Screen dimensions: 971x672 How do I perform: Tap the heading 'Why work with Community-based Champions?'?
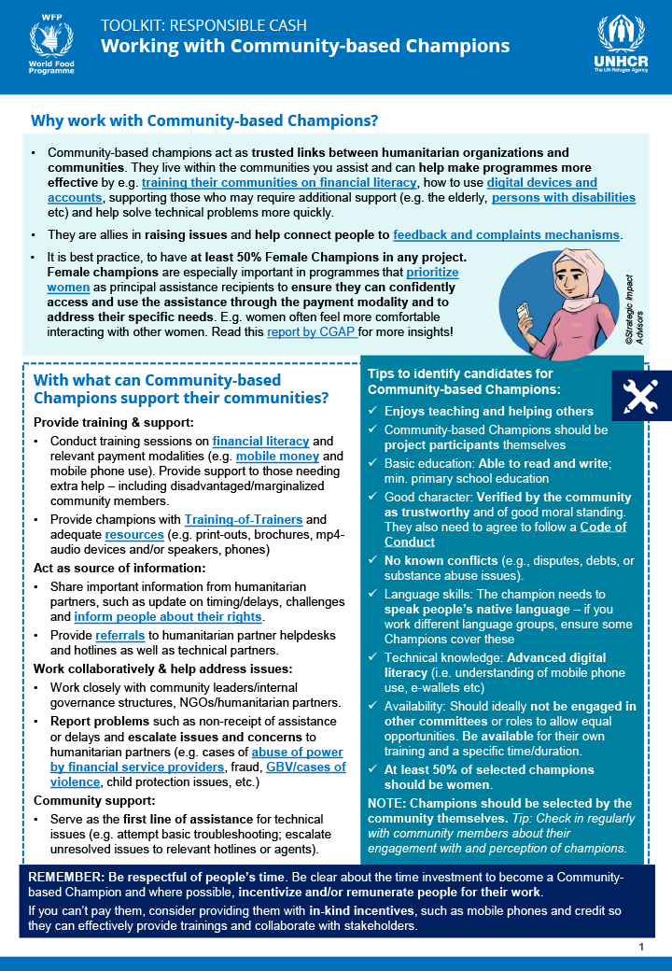[204, 120]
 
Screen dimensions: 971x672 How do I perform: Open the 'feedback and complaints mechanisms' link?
[507, 234]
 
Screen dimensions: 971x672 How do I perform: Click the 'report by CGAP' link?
[312, 331]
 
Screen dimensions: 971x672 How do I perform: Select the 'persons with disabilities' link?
[564, 198]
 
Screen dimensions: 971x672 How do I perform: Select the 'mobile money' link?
[276, 457]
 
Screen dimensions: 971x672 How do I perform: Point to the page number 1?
[641, 947]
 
